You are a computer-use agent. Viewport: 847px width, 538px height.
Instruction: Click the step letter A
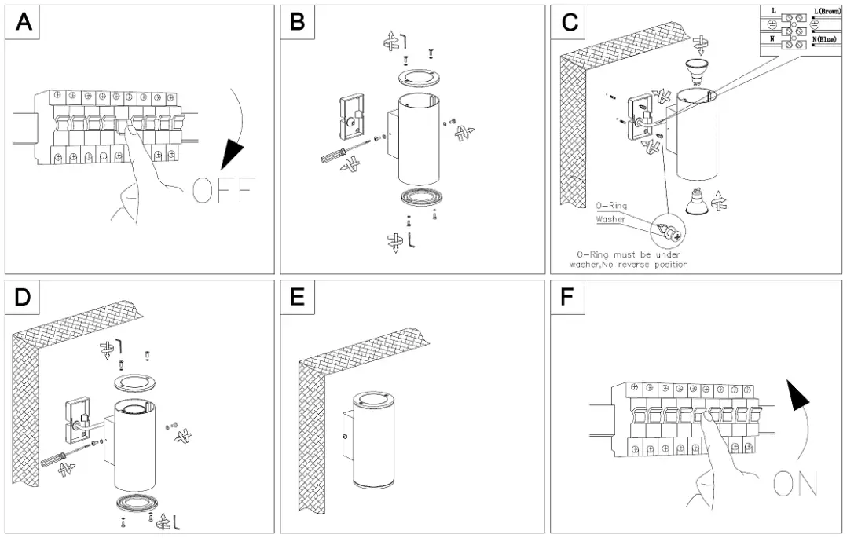(x=25, y=22)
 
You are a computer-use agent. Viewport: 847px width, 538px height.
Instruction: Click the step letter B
(x=297, y=22)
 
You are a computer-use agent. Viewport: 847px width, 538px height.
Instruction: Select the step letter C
(x=570, y=22)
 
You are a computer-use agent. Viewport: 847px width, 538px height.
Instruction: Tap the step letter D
(x=25, y=296)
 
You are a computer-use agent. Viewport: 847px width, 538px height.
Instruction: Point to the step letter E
(x=297, y=296)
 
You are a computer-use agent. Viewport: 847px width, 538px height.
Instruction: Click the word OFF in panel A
(x=224, y=191)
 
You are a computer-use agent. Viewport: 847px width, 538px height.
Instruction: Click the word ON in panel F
(x=795, y=484)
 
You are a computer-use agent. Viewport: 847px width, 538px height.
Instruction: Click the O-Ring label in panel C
(x=611, y=206)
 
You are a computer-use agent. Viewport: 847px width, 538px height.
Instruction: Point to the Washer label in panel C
(x=610, y=219)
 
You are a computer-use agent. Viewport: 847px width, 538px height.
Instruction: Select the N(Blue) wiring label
(x=825, y=38)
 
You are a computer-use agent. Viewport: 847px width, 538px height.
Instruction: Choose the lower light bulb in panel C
(x=692, y=203)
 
